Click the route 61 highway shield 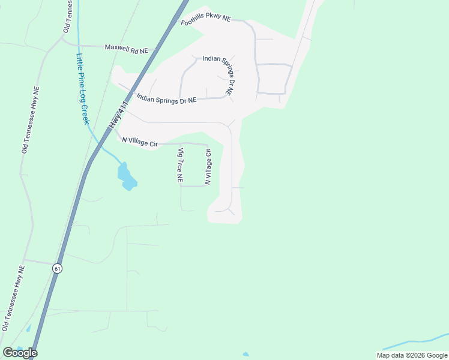coord(57,268)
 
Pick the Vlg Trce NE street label coord(179,166)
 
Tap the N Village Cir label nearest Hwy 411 coord(140,142)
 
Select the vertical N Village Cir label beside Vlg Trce coord(208,167)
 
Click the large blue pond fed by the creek coord(127,176)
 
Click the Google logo coord(20,353)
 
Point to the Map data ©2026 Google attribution coord(412,355)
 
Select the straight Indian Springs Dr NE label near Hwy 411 coord(166,99)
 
